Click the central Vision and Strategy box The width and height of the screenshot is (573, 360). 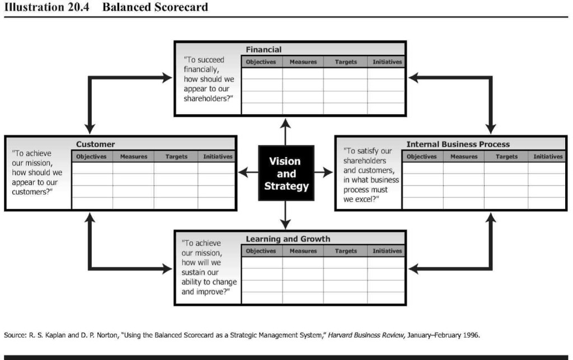[x=286, y=173]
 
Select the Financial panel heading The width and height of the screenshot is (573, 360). [x=264, y=49]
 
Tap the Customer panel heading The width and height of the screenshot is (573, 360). [x=95, y=144]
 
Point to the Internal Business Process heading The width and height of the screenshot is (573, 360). [x=458, y=144]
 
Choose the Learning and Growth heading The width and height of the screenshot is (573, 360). [x=288, y=239]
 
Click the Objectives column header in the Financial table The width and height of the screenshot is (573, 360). [x=261, y=62]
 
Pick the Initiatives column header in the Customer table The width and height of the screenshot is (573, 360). [x=218, y=157]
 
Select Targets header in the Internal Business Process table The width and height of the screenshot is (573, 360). [x=506, y=157]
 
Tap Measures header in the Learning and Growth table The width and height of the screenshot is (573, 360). [x=303, y=251]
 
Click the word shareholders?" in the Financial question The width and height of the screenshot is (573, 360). [x=209, y=99]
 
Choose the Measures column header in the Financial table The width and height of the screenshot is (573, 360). [x=303, y=62]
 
